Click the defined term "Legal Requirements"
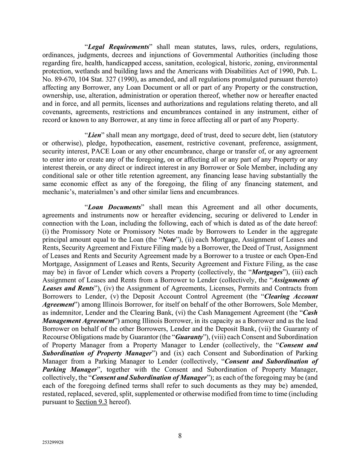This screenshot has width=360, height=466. point(118,47)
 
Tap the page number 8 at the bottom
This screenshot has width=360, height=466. point(180,436)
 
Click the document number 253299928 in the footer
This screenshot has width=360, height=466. point(53,443)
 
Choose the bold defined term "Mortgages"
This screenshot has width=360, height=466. point(267,272)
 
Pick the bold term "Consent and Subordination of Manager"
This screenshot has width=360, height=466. point(149,377)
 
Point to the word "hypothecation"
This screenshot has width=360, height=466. point(110,143)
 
